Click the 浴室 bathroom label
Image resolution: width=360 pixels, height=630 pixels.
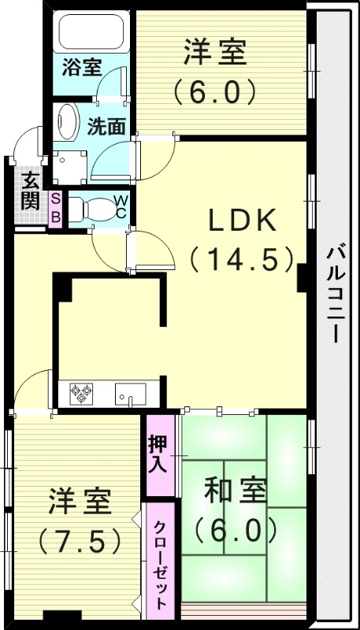(82, 67)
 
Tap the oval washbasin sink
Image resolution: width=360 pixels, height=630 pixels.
(66, 121)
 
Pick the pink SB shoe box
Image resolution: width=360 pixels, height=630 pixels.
(56, 208)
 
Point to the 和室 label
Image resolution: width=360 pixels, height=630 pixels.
(232, 492)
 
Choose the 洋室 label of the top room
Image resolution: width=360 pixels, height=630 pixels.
(215, 54)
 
